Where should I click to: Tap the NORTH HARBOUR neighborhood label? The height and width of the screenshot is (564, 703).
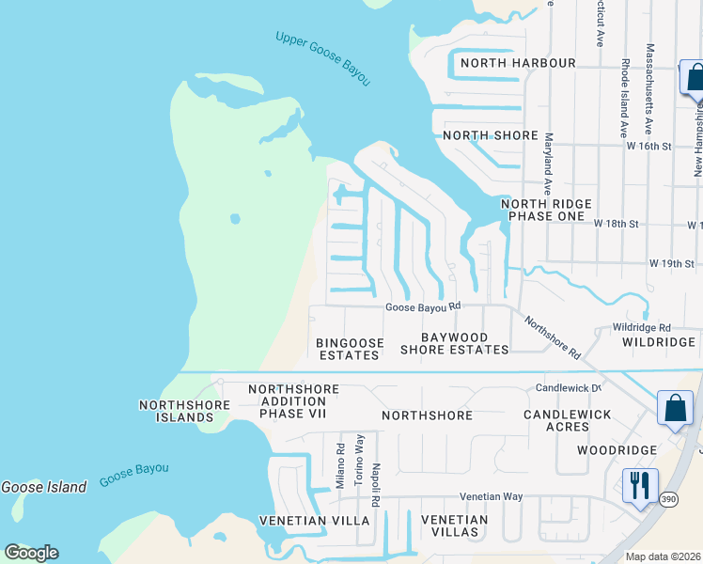[x=516, y=63]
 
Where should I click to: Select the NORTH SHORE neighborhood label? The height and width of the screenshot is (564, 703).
[x=491, y=135]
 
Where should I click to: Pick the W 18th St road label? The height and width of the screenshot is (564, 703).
[x=616, y=225]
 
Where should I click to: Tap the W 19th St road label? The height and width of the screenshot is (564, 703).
[x=671, y=264]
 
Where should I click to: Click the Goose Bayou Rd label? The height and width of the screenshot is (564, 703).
[x=423, y=306]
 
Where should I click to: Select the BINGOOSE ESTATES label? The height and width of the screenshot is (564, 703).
[x=349, y=349]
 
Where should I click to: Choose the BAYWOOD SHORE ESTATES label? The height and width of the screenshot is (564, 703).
[x=454, y=343]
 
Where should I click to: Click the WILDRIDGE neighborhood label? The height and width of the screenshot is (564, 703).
[x=657, y=343]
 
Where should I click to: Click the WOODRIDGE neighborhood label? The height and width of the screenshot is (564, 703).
[x=616, y=450]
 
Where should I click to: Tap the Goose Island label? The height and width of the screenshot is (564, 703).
[x=43, y=487]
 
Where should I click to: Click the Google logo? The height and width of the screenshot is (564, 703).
[x=31, y=553]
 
